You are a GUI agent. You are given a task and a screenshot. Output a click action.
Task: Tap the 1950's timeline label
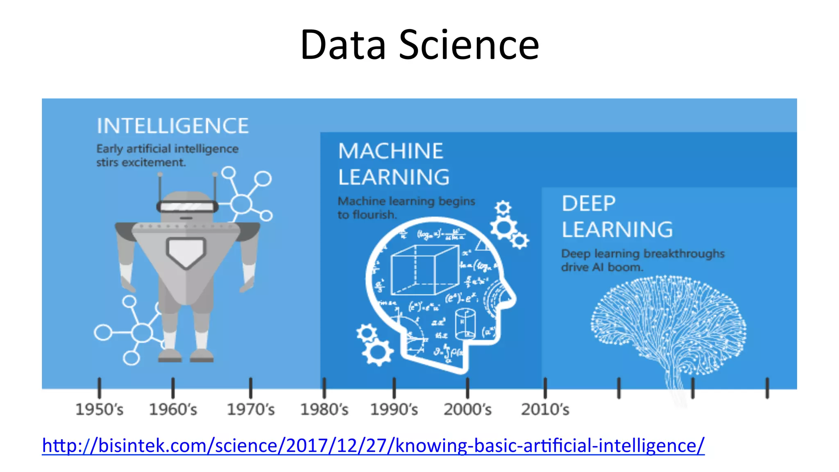click(x=100, y=409)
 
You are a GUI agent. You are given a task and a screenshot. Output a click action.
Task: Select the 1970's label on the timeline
click(x=251, y=409)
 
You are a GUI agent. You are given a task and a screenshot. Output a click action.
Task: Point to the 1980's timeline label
click(x=324, y=409)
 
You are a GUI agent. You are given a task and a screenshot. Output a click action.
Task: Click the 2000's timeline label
click(x=467, y=409)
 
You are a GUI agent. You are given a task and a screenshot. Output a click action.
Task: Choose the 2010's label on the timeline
click(x=545, y=409)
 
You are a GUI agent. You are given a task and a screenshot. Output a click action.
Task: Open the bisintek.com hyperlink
click(x=373, y=445)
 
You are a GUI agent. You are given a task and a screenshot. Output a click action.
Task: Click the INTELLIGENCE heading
click(x=172, y=126)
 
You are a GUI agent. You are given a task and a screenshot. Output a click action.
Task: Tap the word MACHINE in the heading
click(x=390, y=151)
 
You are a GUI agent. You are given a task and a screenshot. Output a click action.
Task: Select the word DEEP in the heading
click(x=588, y=204)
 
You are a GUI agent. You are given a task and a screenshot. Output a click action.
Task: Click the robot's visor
click(x=187, y=206)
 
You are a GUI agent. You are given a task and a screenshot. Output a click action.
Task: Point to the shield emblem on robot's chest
click(x=186, y=252)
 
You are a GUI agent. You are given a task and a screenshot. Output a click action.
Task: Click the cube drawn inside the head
click(x=424, y=270)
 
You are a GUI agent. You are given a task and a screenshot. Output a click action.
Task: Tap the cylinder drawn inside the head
click(x=465, y=324)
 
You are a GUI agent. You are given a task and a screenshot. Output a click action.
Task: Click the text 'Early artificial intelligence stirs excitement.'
click(x=167, y=155)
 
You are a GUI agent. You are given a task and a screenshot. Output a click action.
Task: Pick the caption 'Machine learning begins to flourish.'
click(x=406, y=208)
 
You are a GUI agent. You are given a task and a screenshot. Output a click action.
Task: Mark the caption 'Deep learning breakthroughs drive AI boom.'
click(x=642, y=260)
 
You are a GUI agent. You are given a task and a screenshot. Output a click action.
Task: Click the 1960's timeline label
click(x=173, y=409)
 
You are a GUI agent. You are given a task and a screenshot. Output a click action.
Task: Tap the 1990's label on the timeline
click(x=394, y=409)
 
